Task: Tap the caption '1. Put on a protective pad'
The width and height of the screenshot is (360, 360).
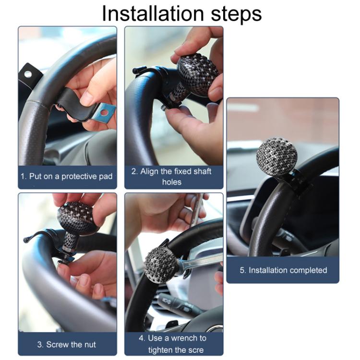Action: pos(67,176)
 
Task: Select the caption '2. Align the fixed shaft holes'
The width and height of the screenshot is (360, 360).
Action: pos(173,177)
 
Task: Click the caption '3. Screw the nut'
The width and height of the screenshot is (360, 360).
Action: pos(67,344)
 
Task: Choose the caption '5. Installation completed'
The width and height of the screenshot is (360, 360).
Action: pos(283,270)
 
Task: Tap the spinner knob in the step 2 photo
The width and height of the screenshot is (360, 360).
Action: pos(198,74)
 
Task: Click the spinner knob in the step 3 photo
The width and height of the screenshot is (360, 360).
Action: pos(78,218)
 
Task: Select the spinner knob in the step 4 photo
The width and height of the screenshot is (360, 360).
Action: pos(161,264)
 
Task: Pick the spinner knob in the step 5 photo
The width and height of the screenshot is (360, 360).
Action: pos(276,157)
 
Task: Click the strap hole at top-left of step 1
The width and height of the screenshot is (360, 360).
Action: pos(28,74)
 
